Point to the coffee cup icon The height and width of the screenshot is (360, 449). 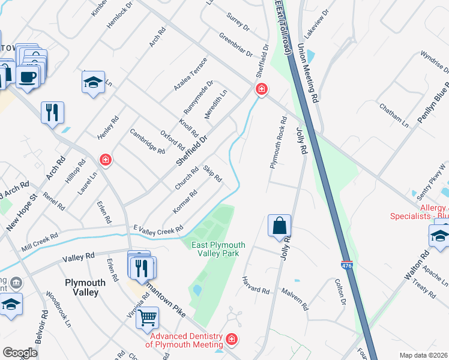tap(27, 77)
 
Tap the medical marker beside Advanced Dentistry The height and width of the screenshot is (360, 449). tap(232, 340)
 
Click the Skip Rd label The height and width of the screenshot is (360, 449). tap(212, 173)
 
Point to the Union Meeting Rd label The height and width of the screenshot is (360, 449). tap(309, 69)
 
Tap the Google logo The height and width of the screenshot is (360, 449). tap(20, 352)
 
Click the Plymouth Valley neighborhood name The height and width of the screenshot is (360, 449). tap(86, 287)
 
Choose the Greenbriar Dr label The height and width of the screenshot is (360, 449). tap(236, 45)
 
